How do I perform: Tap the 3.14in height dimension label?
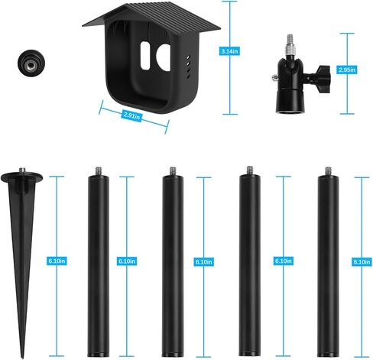(x=227, y=50)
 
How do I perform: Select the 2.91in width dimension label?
(x=132, y=115)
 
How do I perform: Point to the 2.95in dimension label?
(x=347, y=70)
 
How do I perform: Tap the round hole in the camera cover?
(x=162, y=57)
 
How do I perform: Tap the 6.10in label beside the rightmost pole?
(x=361, y=261)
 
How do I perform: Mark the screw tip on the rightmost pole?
(x=327, y=170)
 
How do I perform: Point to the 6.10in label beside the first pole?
(x=127, y=261)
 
